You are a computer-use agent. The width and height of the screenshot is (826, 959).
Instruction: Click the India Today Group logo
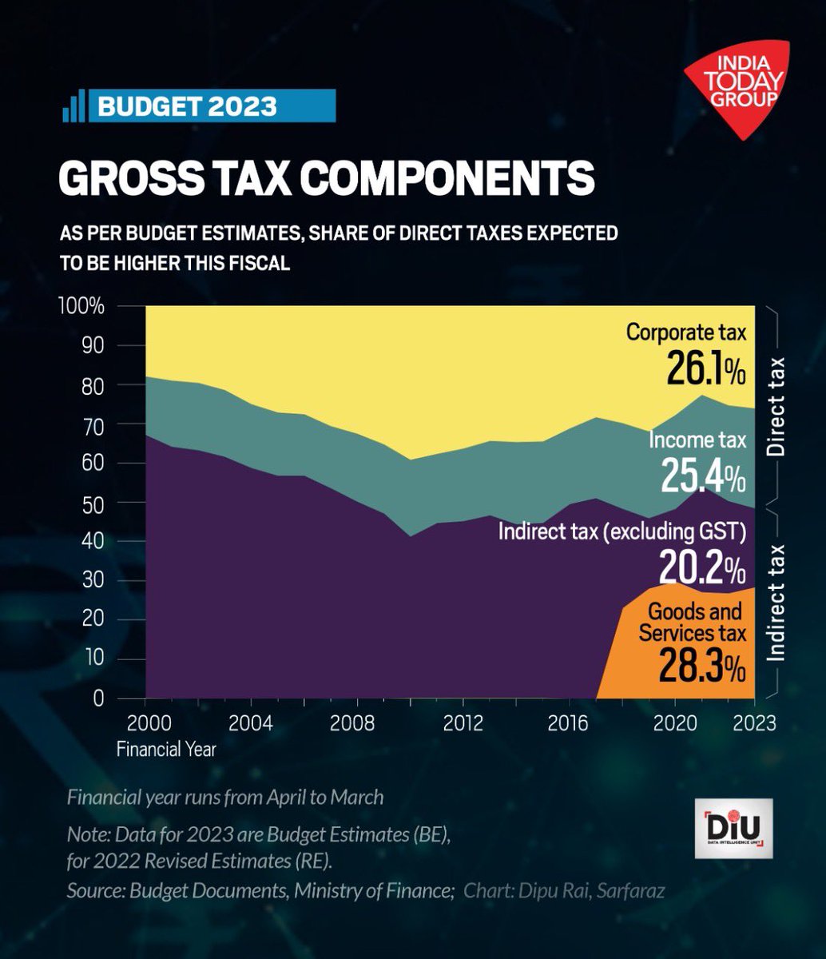coord(736,88)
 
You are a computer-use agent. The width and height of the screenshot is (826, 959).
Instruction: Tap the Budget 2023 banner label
coord(187,105)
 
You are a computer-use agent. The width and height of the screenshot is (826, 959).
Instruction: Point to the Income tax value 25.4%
coord(703,476)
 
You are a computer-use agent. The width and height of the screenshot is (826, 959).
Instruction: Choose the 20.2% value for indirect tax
coord(702,568)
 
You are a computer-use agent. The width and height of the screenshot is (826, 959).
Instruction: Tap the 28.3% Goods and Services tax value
coord(702,665)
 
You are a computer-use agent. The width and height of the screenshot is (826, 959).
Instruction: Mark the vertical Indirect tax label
coord(776,602)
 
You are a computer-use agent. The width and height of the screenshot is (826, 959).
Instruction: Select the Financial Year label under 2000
coord(165,750)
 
